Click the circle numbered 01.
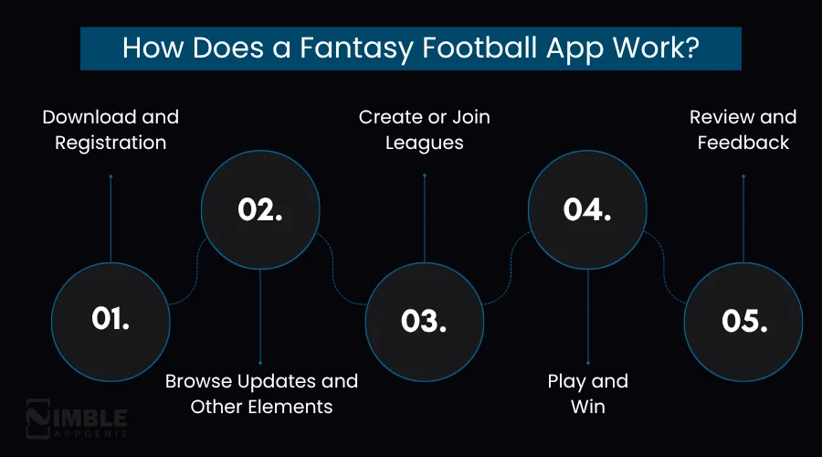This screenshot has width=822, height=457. pyautogui.click(x=111, y=319)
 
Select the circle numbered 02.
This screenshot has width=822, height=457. pyautogui.click(x=260, y=209)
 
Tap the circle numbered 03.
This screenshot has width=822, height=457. pyautogui.click(x=424, y=320)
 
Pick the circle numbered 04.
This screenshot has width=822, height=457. pyautogui.click(x=587, y=209)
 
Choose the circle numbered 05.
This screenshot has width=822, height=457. pyautogui.click(x=743, y=320)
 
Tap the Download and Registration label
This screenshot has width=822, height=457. pyautogui.click(x=111, y=130)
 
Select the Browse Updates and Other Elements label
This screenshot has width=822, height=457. pyautogui.click(x=261, y=393)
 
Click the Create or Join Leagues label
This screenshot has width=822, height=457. pyautogui.click(x=424, y=130)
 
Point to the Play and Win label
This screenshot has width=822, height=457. pyautogui.click(x=587, y=393)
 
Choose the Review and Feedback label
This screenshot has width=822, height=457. pyautogui.click(x=743, y=130)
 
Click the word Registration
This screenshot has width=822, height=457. pyautogui.click(x=111, y=143)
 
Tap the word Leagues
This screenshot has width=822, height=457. pyautogui.click(x=424, y=143)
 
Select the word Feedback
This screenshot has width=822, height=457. pyautogui.click(x=743, y=143)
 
